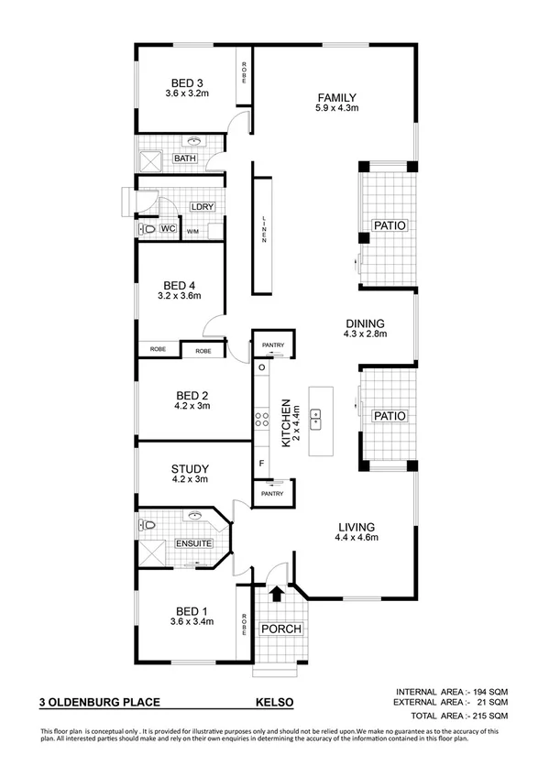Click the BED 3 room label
click(x=186, y=81)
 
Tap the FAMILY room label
click(x=336, y=97)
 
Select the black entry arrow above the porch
click(x=276, y=594)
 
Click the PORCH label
click(x=280, y=629)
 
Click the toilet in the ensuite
click(x=149, y=525)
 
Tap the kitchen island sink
click(x=315, y=421)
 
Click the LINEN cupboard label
click(x=264, y=229)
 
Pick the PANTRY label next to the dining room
click(x=273, y=345)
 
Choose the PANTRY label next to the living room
click(x=273, y=494)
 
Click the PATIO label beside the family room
click(x=389, y=225)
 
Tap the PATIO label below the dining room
click(x=389, y=416)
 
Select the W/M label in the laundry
click(x=192, y=232)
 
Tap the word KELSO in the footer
click(x=274, y=703)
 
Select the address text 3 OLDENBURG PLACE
click(x=99, y=703)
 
